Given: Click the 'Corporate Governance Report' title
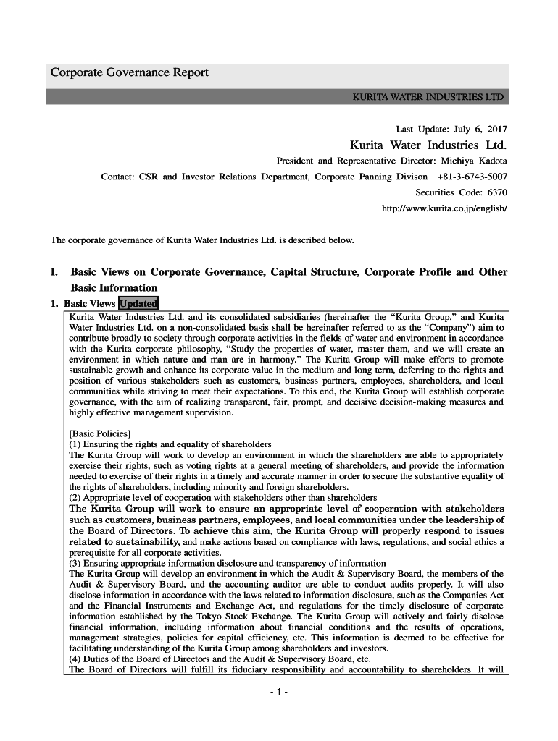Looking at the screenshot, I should tap(129, 73).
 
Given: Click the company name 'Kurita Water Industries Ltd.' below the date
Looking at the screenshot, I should tap(428, 145).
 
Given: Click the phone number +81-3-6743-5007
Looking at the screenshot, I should tap(472, 177).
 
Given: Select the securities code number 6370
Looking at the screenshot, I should tap(497, 192).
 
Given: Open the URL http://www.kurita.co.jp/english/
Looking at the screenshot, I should tap(444, 208).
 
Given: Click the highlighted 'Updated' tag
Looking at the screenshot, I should tap(138, 304).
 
